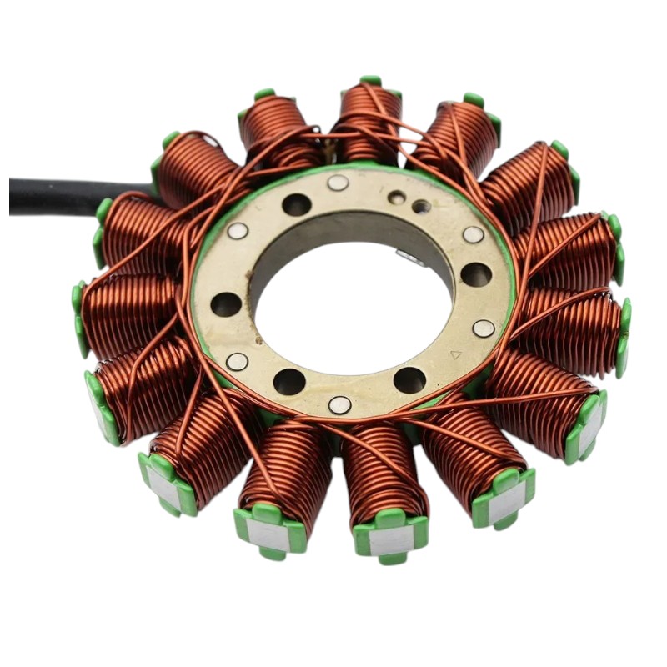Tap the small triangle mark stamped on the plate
455,354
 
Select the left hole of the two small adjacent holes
398,198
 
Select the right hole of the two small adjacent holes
421,206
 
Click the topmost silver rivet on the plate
338,183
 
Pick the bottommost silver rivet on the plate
339,404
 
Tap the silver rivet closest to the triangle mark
484,328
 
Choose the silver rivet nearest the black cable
238,231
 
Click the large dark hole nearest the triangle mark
409,380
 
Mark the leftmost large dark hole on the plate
226,304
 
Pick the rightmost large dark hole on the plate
476,274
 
